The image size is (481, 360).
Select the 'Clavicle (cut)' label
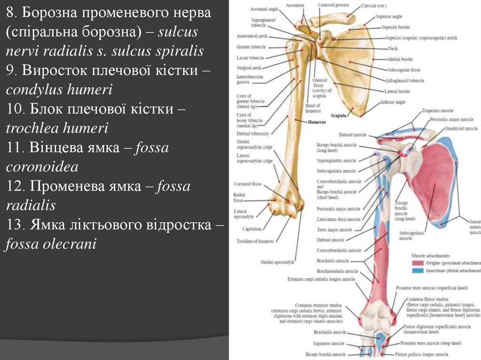point(373,6)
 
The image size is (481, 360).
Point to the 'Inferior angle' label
point(393,101)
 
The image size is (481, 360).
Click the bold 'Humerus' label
point(317,122)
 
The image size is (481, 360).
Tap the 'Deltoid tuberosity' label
point(253,134)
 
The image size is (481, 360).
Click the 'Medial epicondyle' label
point(277,262)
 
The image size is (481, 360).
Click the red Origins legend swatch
point(417,263)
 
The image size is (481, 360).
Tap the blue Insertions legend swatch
point(417,271)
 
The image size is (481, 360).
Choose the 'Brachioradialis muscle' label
point(337,271)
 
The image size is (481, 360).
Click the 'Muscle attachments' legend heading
point(431,256)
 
